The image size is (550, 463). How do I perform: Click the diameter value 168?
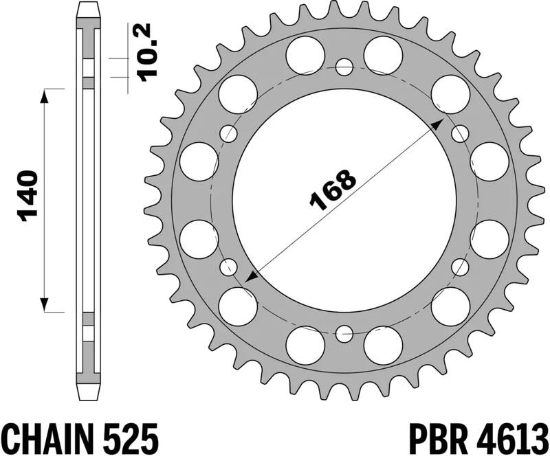pyautogui.click(x=333, y=188)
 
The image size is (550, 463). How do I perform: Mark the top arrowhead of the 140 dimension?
pyautogui.click(x=45, y=95)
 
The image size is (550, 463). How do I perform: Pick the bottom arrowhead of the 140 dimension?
pyautogui.click(x=45, y=305)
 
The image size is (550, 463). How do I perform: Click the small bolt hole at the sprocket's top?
pyautogui.click(x=344, y=67)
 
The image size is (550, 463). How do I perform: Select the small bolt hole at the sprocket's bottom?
pyautogui.click(x=344, y=335)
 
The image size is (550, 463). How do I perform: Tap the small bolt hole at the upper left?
pyautogui.click(x=228, y=133)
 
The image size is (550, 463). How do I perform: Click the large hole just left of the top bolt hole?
pyautogui.click(x=305, y=54)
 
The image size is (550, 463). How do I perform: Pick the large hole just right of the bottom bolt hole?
pyautogui.click(x=383, y=345)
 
